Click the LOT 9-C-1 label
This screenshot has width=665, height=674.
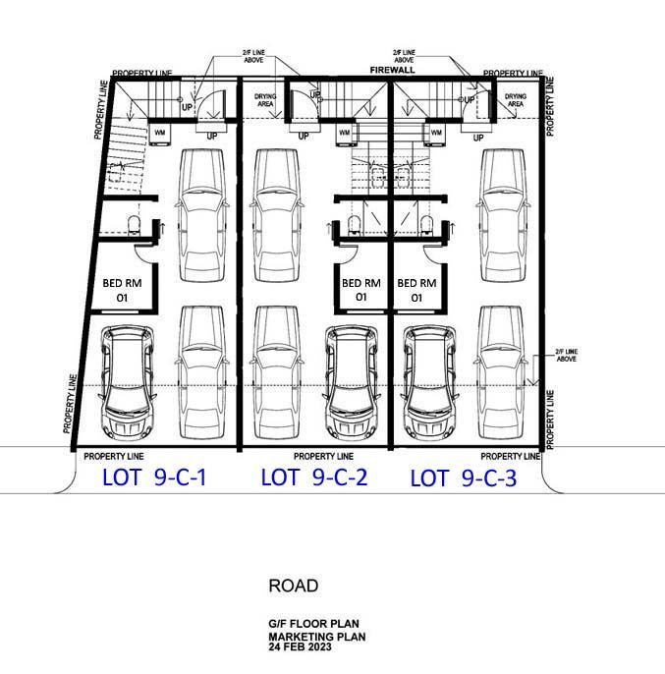point(154,477)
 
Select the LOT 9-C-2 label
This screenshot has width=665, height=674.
point(314,477)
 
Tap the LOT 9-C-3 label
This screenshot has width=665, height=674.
point(464,478)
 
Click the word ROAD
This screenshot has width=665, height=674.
point(294,586)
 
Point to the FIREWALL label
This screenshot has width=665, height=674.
point(393,70)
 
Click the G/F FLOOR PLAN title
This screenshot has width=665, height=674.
point(313,623)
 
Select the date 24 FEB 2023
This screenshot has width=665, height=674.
point(300,646)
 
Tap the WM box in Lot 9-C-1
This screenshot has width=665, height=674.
point(160,133)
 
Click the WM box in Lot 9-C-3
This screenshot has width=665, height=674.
point(436,133)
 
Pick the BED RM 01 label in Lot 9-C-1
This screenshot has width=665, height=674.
point(122,290)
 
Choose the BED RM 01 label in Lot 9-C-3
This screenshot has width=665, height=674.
point(416,290)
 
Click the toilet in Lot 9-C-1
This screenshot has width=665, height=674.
point(134,226)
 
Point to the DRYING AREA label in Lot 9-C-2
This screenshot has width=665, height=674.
point(265,100)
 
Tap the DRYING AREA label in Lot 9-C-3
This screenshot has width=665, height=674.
point(516,100)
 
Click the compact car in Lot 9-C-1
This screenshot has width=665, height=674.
point(128,381)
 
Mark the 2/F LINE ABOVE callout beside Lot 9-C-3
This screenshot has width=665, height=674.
point(566,355)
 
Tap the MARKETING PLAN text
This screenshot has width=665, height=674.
point(317,637)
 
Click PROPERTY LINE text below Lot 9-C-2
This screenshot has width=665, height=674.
point(323,456)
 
